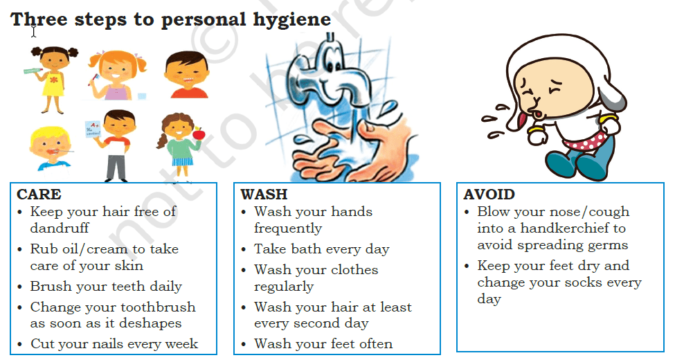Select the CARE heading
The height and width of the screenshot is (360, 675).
[39, 195]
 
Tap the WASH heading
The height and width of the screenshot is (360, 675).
[264, 195]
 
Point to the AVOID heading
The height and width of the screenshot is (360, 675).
[489, 195]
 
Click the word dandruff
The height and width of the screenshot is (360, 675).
[60, 228]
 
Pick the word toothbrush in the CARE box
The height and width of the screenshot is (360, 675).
[155, 307]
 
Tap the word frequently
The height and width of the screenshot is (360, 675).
[287, 228]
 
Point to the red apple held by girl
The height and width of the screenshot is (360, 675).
[199, 134]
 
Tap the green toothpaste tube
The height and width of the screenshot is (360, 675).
[33, 70]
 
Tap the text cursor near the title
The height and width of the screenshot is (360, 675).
[34, 32]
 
